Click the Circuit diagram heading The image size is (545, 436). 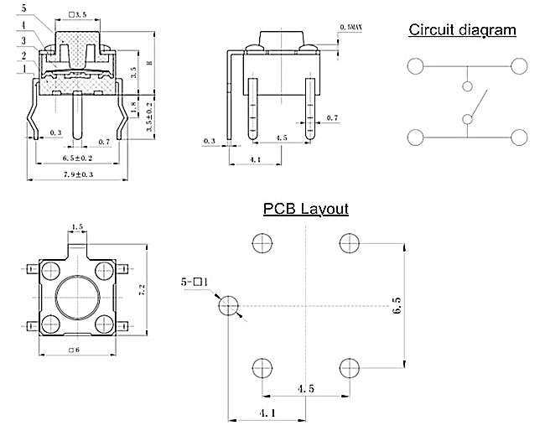[x=462, y=31]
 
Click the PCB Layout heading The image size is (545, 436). [x=305, y=209]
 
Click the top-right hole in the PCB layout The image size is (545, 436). [x=348, y=243]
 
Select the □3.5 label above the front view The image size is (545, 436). [x=80, y=15]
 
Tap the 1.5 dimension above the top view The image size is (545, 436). [x=78, y=227]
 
